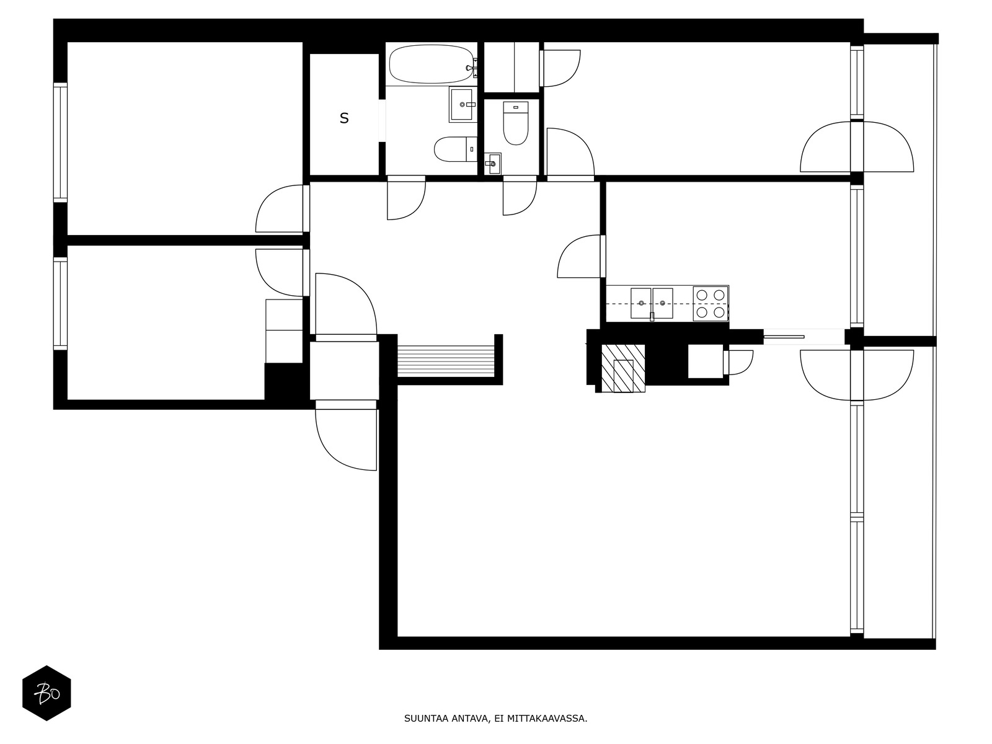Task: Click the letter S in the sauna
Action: tap(344, 118)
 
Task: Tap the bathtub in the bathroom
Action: tap(431, 64)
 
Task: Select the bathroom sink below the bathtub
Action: tap(463, 104)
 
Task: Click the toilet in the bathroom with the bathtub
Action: tap(455, 149)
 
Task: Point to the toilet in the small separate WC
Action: tap(515, 123)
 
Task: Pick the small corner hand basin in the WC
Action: tap(492, 164)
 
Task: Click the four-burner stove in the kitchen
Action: tap(711, 304)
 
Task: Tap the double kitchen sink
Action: tap(652, 303)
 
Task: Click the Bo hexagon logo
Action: tap(46, 693)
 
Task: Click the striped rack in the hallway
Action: tap(446, 361)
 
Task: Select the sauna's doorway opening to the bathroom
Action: tap(382, 121)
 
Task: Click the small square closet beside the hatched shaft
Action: tap(706, 361)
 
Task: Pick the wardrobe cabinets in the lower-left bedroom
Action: tap(284, 330)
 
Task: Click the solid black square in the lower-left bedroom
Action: tap(283, 381)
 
